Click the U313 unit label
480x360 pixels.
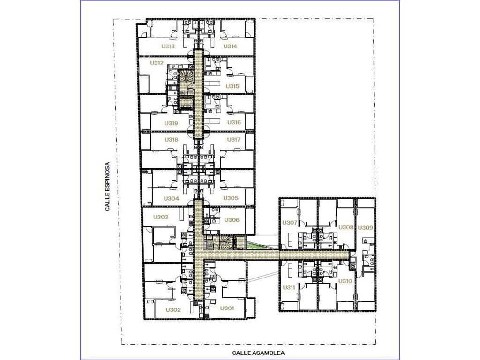click(168, 46)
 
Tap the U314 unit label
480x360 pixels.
click(230, 46)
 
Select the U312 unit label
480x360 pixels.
click(157, 63)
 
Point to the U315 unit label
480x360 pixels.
click(232, 86)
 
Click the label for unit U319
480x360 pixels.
click(171, 123)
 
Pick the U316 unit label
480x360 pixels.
click(234, 122)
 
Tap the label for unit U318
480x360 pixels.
click(171, 140)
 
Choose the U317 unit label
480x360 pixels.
click(233, 140)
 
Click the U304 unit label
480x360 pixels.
click(171, 198)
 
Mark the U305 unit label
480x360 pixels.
click(231, 198)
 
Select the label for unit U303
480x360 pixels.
click(161, 217)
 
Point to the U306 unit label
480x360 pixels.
click(232, 220)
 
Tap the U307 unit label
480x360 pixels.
click(289, 223)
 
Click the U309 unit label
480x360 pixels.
click(365, 228)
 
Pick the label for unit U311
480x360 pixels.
click(289, 287)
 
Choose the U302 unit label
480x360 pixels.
click(173, 310)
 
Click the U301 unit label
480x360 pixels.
click(227, 308)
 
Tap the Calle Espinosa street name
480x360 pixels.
click(107, 187)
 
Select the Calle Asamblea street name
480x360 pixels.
click(258, 353)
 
